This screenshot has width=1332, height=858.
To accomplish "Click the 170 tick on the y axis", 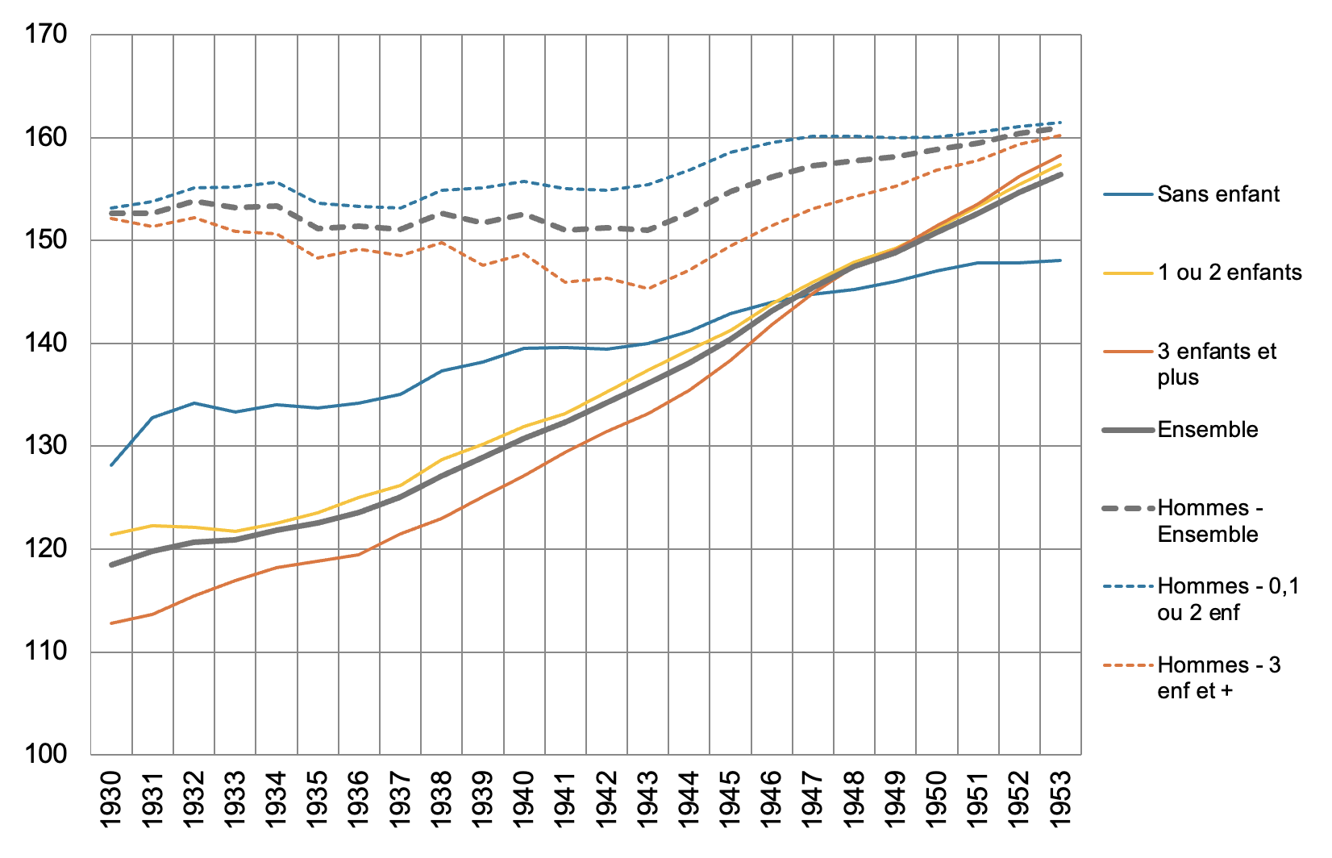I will [47, 35].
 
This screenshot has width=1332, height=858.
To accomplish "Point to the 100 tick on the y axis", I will [47, 754].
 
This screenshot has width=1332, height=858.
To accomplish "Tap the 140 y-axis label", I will [47, 344].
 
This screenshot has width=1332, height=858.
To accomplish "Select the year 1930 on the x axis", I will [111, 798].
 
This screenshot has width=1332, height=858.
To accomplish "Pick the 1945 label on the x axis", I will [731, 798].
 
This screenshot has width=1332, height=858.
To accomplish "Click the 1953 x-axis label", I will [1060, 798].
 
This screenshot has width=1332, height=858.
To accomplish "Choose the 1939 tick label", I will [483, 798].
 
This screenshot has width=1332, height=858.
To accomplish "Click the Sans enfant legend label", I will [1218, 194].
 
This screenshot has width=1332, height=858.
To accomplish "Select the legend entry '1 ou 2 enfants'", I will [1230, 273].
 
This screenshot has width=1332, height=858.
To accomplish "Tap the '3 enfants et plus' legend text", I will [1217, 364].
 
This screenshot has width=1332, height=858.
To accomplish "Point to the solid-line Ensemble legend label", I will [1208, 430].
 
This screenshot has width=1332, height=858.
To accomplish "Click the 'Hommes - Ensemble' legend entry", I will [1209, 521].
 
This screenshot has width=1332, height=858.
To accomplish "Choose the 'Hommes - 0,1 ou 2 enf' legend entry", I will [1228, 599].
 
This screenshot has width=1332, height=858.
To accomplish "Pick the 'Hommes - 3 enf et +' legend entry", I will [1218, 677].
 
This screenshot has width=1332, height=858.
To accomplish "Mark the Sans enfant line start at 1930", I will [111, 465].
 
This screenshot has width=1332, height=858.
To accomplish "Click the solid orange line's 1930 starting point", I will [111, 623].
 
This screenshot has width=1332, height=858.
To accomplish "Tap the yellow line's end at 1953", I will [1060, 164].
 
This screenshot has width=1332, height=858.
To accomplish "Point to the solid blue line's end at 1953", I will [1060, 260].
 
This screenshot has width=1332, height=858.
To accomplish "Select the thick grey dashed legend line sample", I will [1128, 509].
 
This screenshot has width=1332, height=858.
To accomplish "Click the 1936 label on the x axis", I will [359, 798].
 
